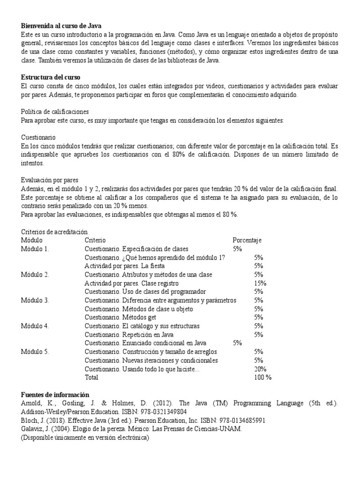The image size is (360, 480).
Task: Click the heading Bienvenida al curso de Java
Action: (61, 26)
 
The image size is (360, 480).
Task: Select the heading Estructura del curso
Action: (50, 77)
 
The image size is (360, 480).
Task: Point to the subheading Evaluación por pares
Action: (50, 180)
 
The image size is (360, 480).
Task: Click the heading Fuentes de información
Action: (55, 395)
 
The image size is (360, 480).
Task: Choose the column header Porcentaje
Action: (247, 240)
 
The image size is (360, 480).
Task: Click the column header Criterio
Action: (96, 240)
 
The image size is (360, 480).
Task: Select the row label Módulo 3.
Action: (35, 300)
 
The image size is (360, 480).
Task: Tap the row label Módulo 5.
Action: (35, 352)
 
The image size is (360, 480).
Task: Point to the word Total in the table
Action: (92, 377)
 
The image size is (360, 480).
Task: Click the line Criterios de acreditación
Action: (54, 232)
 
